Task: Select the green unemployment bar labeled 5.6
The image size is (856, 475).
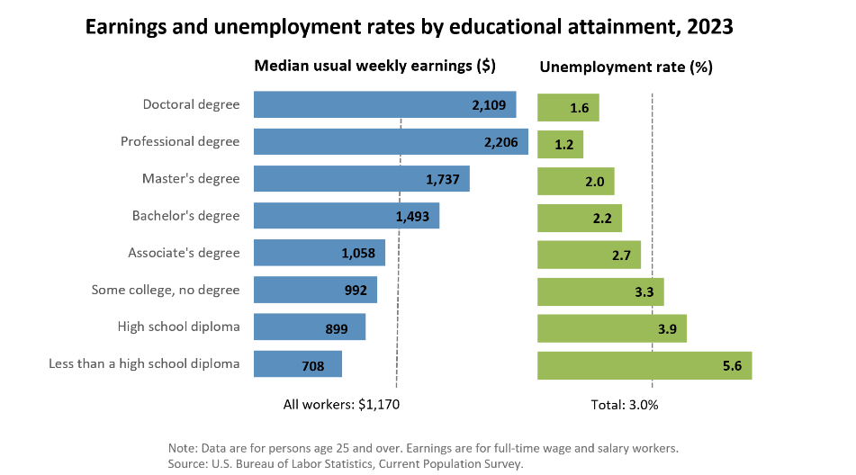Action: [644, 364]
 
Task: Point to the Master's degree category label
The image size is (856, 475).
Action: [191, 178]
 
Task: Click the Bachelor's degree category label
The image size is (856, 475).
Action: [185, 216]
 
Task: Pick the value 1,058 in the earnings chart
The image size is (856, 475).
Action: [358, 254]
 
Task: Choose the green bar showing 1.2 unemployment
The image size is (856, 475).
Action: [560, 144]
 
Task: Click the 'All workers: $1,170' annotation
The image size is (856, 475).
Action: [341, 405]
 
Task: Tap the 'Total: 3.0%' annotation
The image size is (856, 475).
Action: [625, 405]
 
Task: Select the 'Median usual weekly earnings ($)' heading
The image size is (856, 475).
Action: [374, 67]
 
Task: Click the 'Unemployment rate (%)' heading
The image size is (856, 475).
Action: [626, 67]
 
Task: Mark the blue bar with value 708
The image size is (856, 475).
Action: [297, 364]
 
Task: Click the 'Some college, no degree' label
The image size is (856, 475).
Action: [166, 290]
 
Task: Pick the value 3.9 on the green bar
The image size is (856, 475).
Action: [668, 328]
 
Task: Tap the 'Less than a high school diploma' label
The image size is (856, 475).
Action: [143, 363]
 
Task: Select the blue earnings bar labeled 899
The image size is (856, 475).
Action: [309, 327]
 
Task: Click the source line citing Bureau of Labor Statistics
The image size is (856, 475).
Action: [345, 463]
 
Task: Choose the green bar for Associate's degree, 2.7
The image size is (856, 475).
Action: [589, 254]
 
